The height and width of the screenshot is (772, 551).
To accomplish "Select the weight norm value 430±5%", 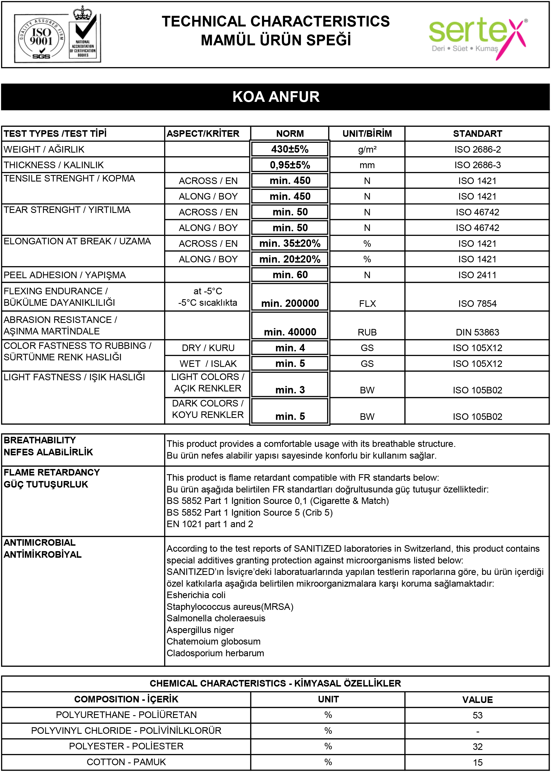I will (x=290, y=149).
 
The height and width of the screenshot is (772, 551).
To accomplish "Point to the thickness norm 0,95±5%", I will (x=290, y=165).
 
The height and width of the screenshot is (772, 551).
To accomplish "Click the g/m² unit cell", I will (x=367, y=149).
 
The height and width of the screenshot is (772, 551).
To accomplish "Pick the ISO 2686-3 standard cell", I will (x=477, y=165).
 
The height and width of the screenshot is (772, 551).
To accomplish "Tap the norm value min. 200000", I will (x=290, y=303).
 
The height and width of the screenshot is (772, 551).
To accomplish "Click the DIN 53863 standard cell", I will (x=477, y=332).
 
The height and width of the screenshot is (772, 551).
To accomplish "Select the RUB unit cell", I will (x=367, y=332).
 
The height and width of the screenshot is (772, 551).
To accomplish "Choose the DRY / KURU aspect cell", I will (x=208, y=348).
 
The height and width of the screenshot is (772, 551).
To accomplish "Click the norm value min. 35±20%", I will (x=290, y=243).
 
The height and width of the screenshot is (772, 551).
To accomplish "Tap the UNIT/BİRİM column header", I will (x=367, y=133).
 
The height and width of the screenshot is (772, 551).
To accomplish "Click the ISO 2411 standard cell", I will (x=477, y=275).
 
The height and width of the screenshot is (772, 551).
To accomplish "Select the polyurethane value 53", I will (x=477, y=715).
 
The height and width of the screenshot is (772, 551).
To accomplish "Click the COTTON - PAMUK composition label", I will (x=126, y=762).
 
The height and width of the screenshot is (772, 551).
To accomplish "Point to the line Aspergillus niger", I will (x=200, y=630).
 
